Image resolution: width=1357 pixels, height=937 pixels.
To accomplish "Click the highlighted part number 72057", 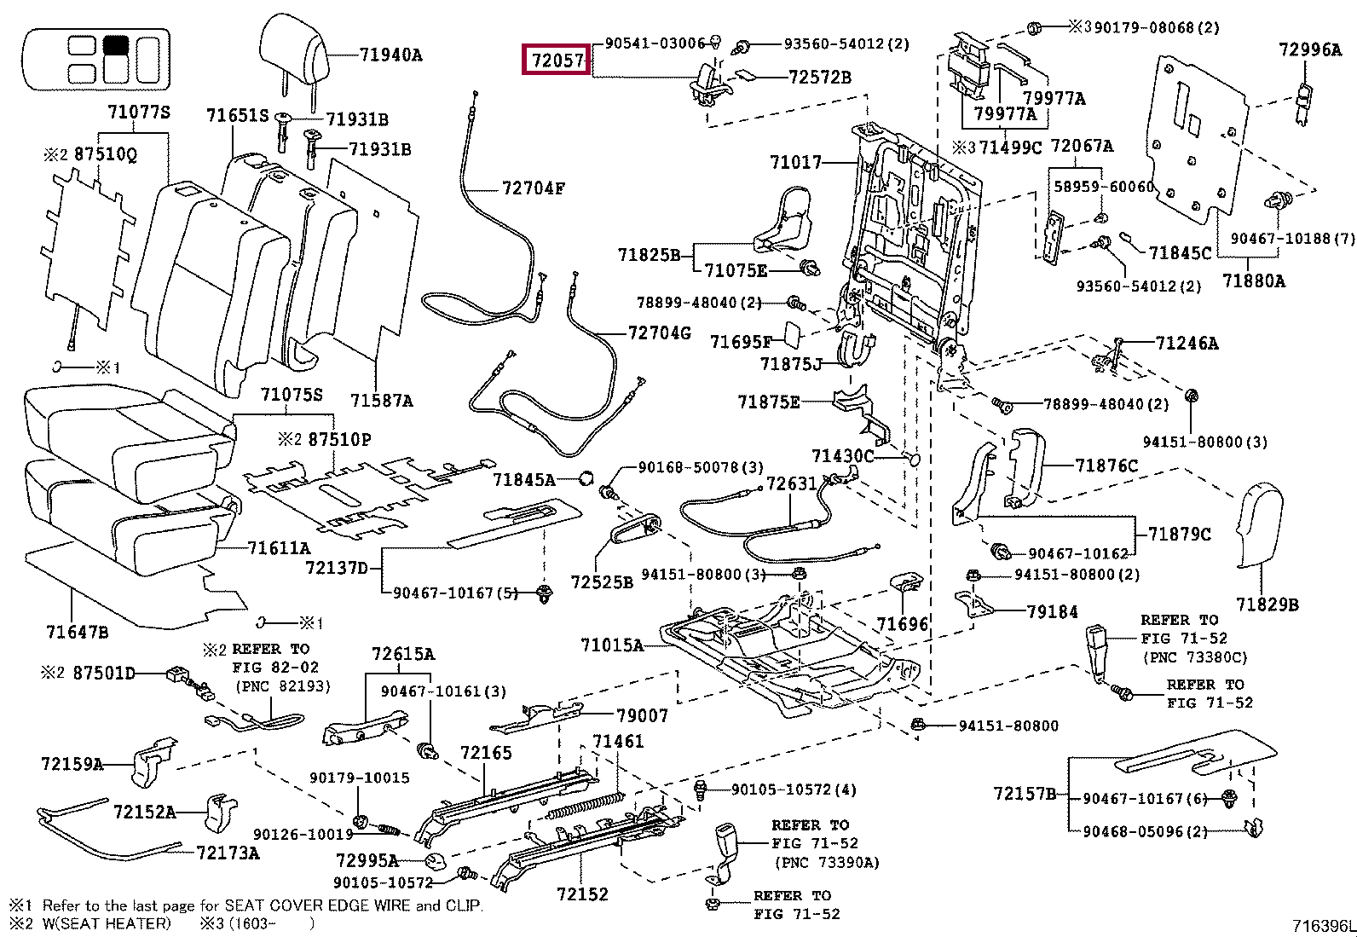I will pos(556,61).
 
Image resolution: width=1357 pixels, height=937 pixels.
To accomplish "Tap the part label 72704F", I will pos(533,188).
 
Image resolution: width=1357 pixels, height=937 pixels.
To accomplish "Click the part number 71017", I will pos(795,162).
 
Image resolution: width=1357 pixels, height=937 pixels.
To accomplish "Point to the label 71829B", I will pos(1267,604).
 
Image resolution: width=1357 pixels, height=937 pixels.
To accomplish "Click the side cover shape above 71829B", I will pos(1259,525).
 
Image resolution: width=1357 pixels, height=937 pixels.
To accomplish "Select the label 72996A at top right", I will pos(1309,49).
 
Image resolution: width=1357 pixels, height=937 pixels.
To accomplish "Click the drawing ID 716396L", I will pos(1323,926).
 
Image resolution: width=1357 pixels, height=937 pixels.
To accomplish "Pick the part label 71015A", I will pos(612,645).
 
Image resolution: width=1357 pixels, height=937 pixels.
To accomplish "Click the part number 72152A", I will pos(144,812).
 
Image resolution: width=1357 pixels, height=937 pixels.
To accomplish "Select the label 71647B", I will pos(78,632).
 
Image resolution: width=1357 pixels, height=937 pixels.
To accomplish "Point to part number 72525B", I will pos(602,581).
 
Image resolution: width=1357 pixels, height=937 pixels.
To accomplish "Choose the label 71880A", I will pos(1253,280).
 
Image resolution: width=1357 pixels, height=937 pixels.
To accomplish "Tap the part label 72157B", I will pos(1024,794).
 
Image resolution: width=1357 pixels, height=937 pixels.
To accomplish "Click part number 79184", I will pos(1052,611).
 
